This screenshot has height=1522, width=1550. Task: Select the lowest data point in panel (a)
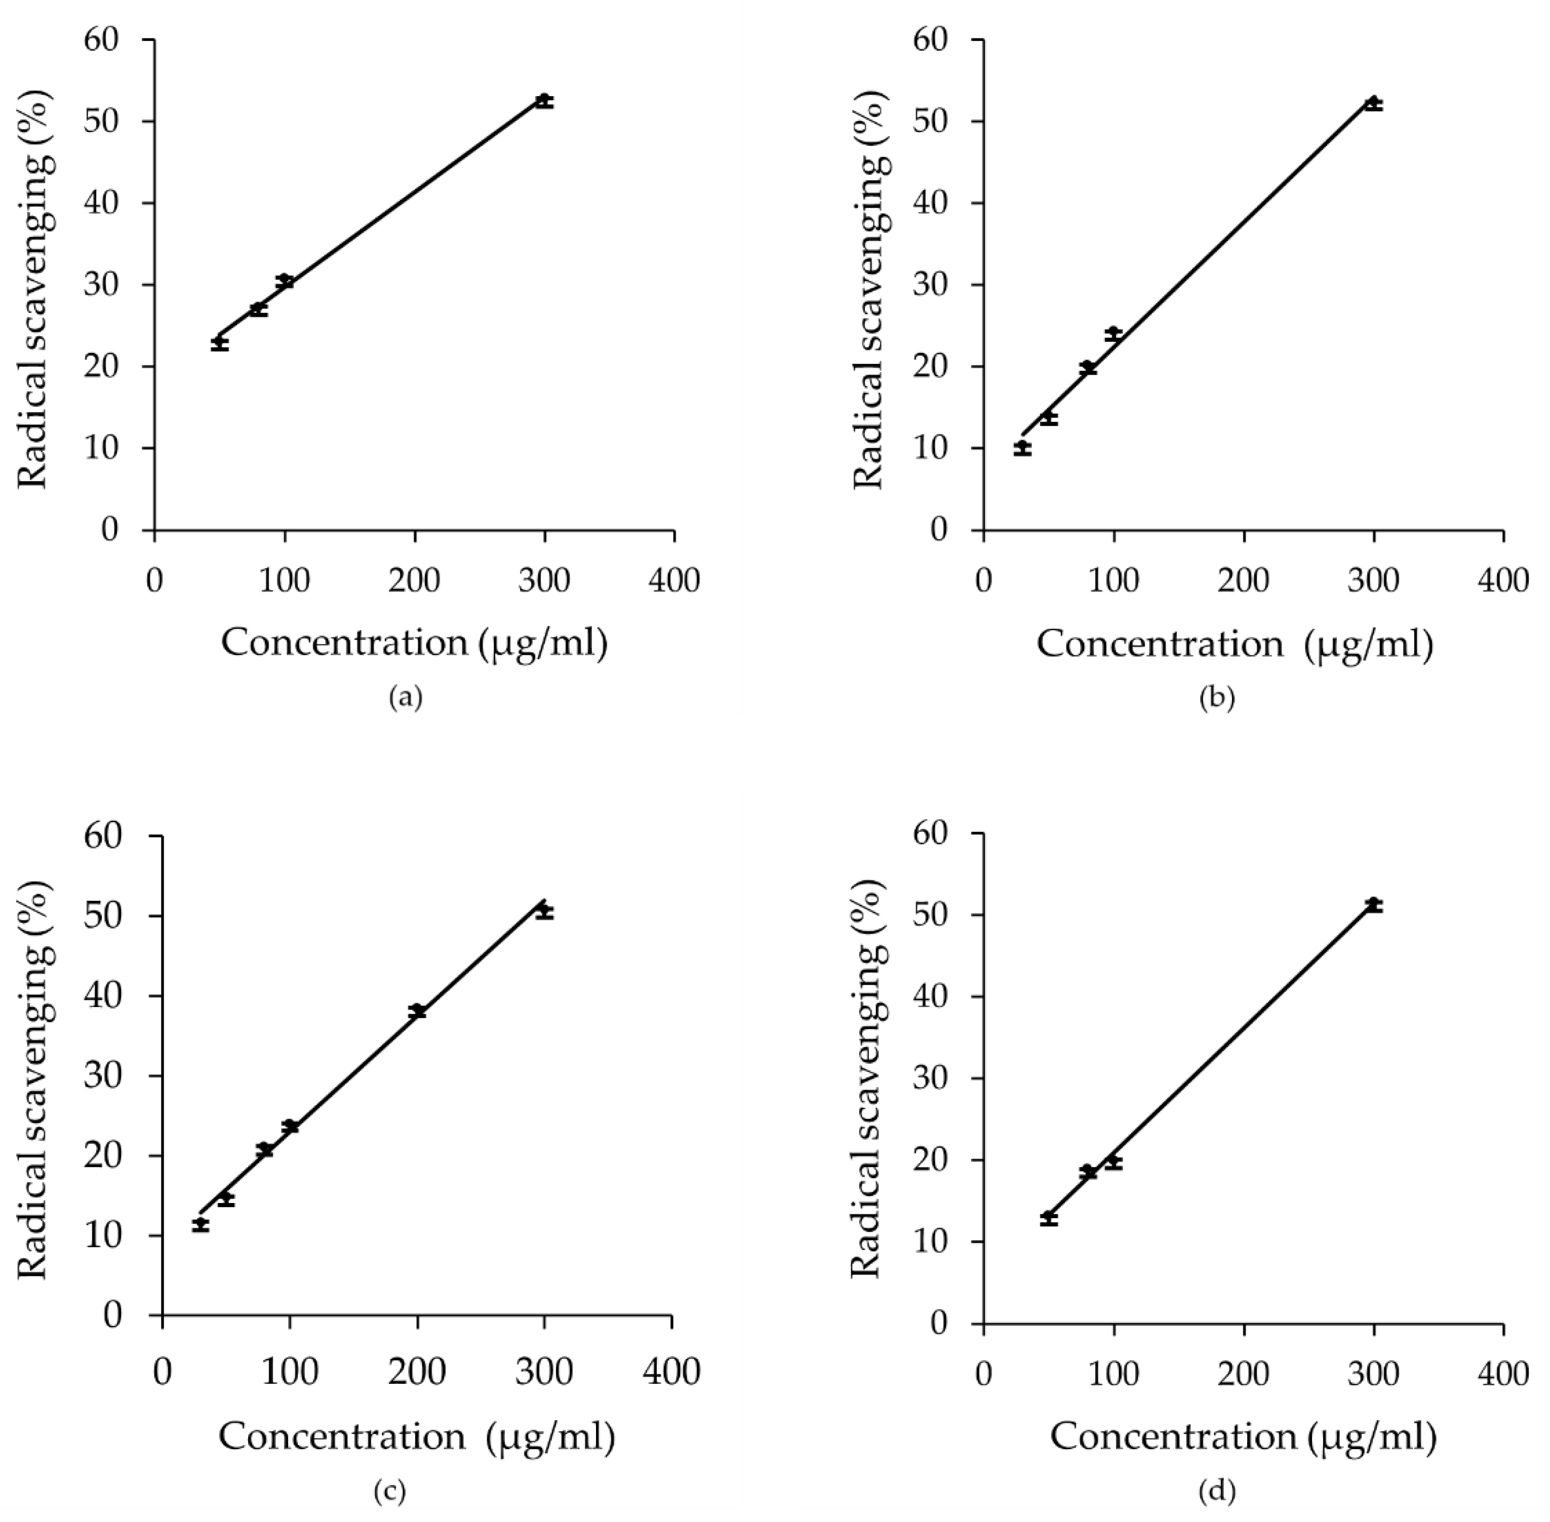click(x=220, y=343)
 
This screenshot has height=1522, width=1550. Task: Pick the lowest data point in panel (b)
click(x=1022, y=447)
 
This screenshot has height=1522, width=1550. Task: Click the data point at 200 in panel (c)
click(x=416, y=1011)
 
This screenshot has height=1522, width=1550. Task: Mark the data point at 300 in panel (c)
click(x=544, y=910)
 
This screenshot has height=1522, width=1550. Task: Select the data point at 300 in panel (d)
click(x=1373, y=904)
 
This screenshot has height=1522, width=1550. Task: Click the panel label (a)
click(x=405, y=698)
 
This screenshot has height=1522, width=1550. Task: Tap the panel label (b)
click(x=1217, y=698)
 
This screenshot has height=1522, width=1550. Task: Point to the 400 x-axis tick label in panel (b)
click(x=1503, y=580)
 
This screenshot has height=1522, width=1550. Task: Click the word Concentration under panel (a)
click(x=344, y=643)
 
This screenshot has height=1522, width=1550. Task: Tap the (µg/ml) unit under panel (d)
click(x=1373, y=1436)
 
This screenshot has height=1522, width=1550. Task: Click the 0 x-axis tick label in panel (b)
click(x=983, y=580)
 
